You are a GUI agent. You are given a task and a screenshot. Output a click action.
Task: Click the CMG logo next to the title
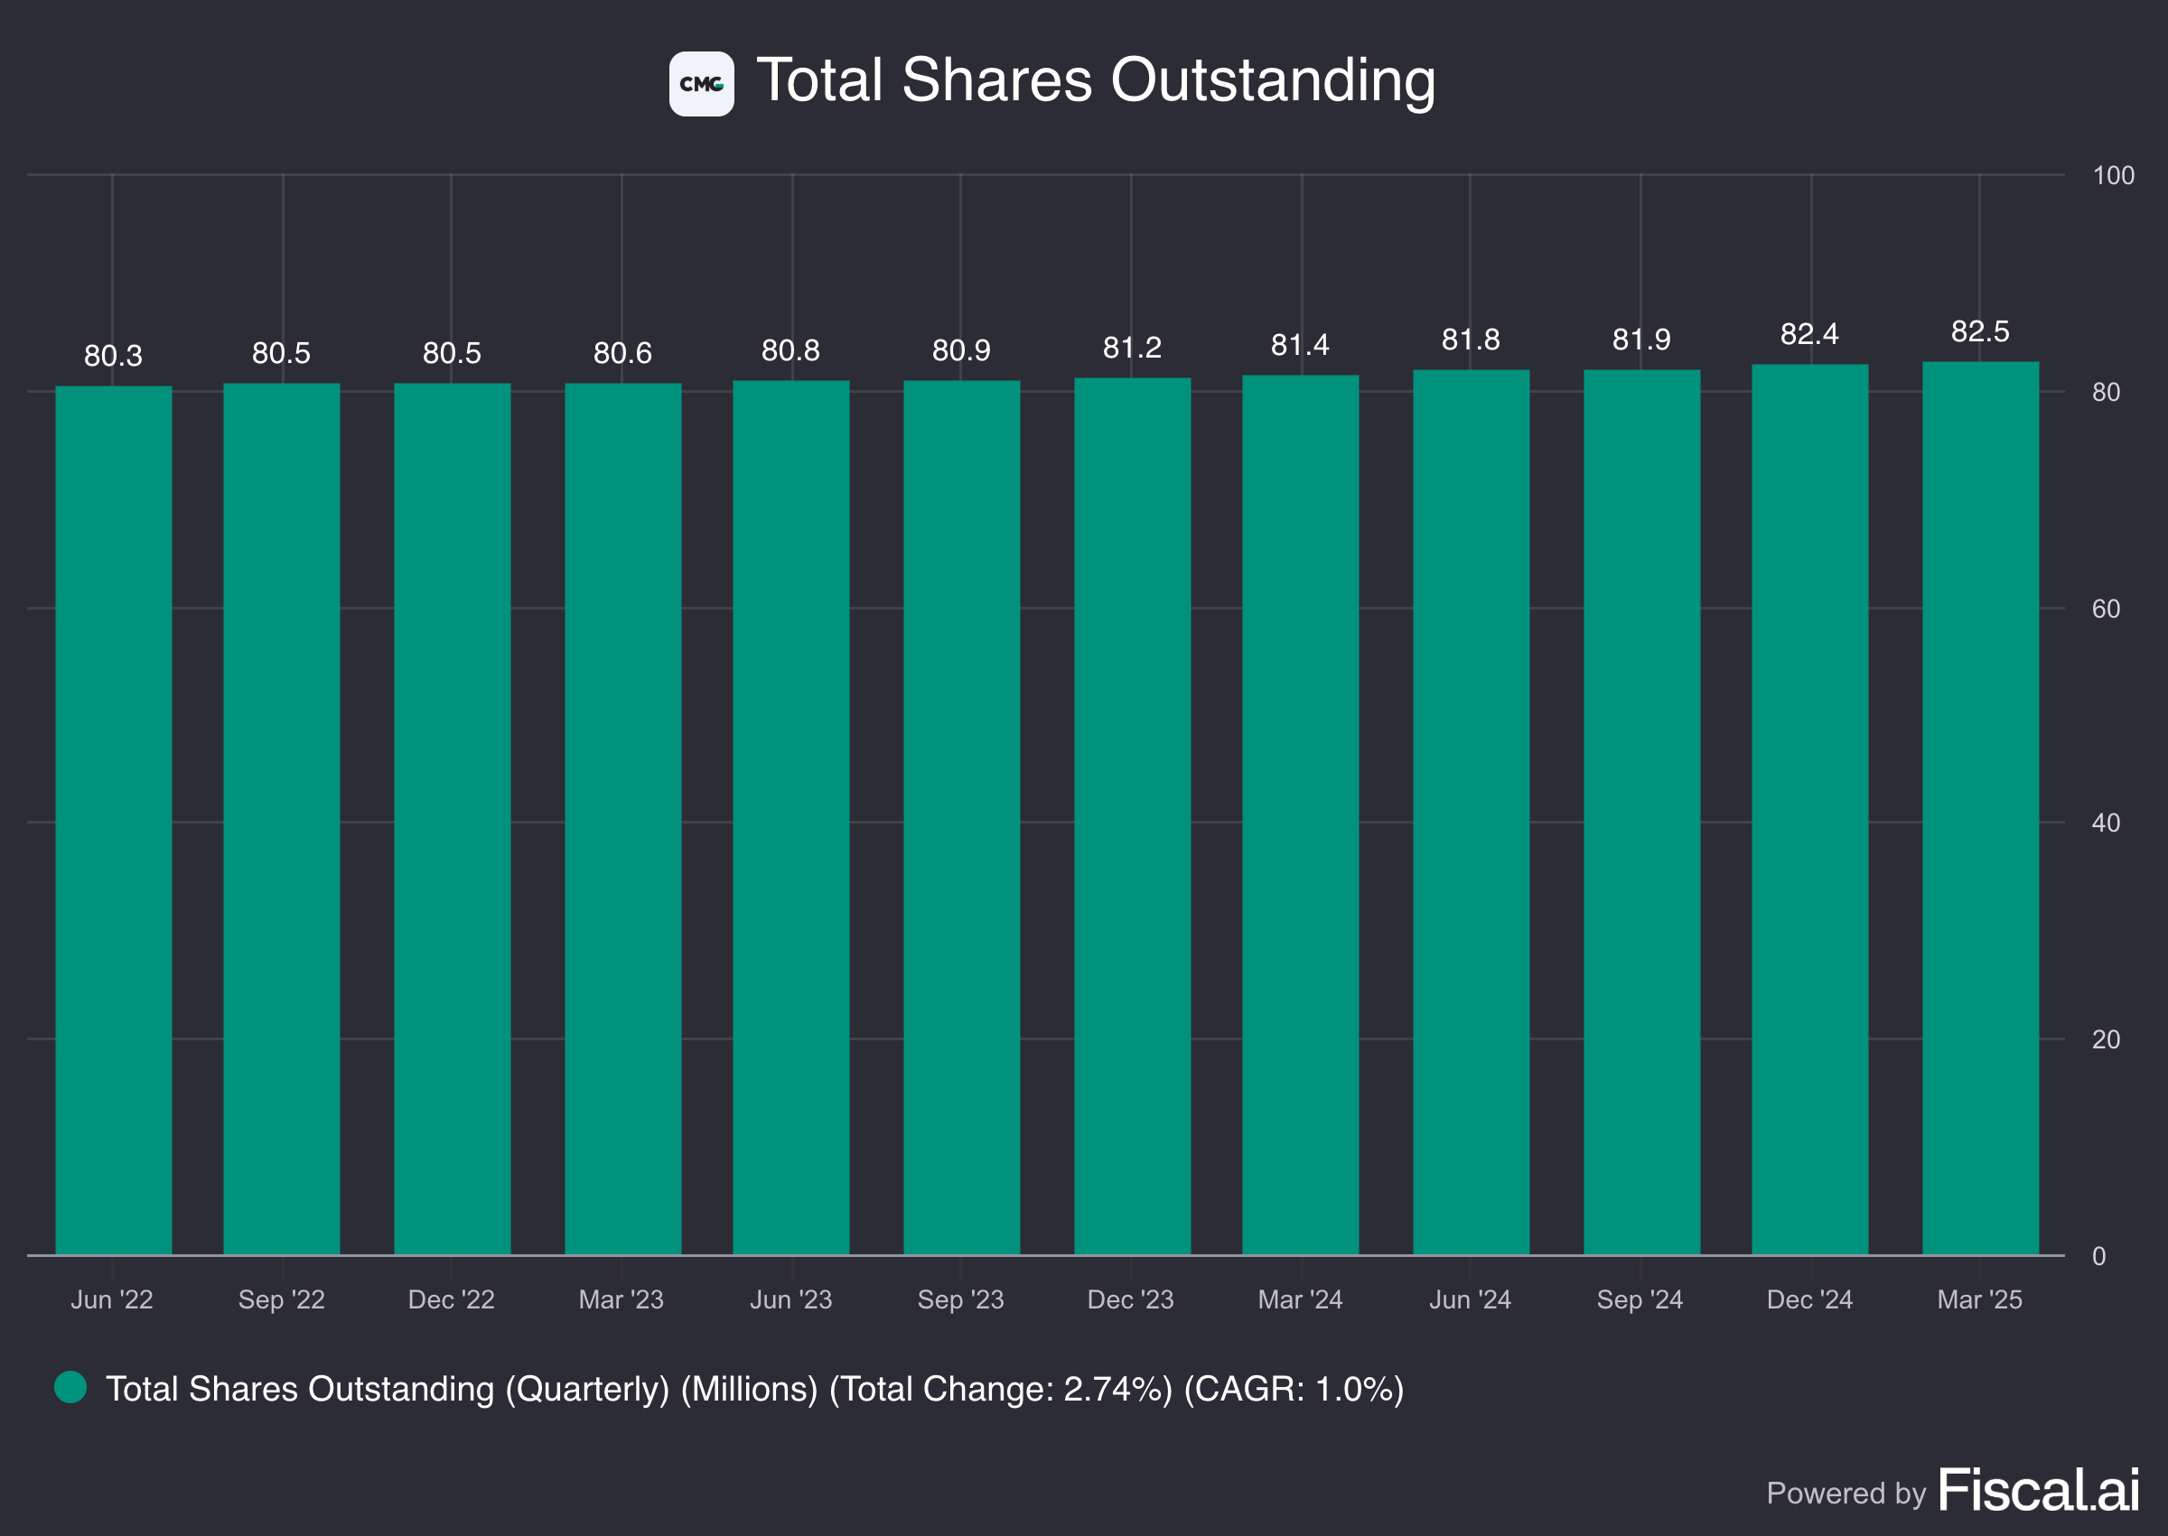701,84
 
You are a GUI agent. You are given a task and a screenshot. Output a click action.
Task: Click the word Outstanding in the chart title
1272,80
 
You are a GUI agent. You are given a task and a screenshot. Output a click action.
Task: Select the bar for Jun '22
114,819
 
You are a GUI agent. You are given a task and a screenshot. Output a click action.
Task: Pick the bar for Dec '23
1132,815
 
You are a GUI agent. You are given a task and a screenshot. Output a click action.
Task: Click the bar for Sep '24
1641,812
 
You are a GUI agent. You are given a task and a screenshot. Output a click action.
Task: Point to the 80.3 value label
114,357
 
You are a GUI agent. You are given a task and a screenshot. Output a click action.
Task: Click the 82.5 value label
1980,332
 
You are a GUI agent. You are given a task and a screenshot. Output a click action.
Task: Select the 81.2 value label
1132,348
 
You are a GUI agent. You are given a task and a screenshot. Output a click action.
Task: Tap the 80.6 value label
622,354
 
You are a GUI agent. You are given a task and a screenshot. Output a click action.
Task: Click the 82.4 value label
1808,335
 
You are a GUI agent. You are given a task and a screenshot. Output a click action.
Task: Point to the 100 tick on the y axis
2112,176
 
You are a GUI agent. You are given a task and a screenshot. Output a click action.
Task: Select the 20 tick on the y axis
2105,1040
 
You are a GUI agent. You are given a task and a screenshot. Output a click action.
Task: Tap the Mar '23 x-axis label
621,1299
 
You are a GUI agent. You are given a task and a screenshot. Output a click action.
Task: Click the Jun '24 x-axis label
1469,1299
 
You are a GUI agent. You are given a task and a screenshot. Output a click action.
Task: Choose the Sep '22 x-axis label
281,1299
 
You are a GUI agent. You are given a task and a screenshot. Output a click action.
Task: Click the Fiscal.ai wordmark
2039,1492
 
